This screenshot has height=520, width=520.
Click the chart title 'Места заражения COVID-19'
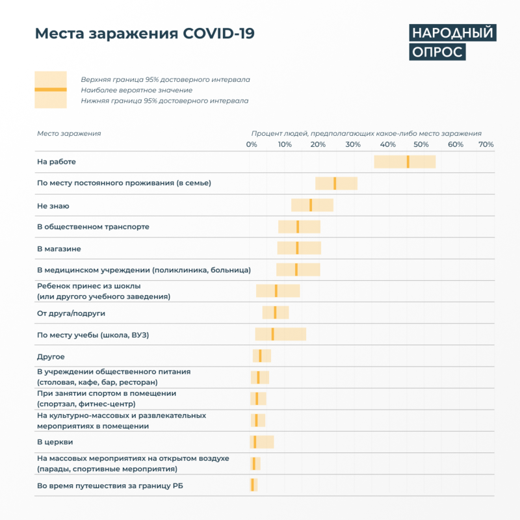tap(144, 34)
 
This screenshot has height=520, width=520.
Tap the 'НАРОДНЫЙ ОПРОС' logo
tap(452, 42)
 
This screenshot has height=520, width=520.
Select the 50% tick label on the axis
tap(421, 144)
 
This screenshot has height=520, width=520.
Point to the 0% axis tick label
tap(252, 144)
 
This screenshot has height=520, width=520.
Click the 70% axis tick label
tap(486, 144)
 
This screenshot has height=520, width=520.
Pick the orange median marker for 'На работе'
tap(408, 162)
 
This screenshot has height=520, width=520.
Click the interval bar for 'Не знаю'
tap(312, 205)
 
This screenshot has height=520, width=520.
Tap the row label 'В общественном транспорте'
tap(93, 227)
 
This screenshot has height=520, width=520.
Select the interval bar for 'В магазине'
tap(299, 248)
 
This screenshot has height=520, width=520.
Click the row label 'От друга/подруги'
tap(71, 313)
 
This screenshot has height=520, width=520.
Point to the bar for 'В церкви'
tap(262, 442)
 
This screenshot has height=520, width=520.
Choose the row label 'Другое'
tap(51, 356)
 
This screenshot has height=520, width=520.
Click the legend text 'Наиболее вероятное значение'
tap(136, 90)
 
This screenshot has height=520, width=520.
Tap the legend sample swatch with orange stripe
tap(50, 90)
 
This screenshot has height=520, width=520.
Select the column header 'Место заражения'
tap(69, 133)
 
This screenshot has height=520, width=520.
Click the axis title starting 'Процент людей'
tap(367, 133)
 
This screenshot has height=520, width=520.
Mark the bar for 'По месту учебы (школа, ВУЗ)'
tap(280, 334)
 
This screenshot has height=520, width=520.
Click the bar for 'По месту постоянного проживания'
tap(336, 183)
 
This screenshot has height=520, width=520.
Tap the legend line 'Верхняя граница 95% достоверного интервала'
tap(165, 79)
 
